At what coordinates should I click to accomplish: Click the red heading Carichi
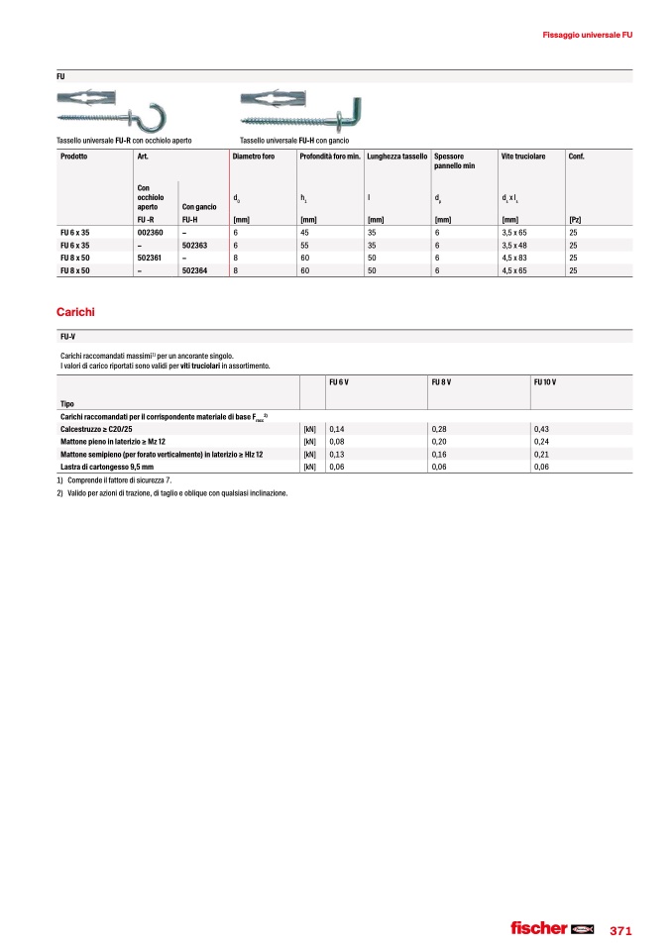point(75,312)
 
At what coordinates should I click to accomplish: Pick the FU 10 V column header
point(545,381)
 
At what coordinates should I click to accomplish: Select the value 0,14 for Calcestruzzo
point(336,427)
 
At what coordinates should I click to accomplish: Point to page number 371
point(621,930)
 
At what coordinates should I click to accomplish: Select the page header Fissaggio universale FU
point(588,36)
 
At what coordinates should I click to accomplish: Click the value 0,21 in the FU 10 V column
point(540,453)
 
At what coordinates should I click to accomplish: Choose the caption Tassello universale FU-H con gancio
point(294,141)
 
